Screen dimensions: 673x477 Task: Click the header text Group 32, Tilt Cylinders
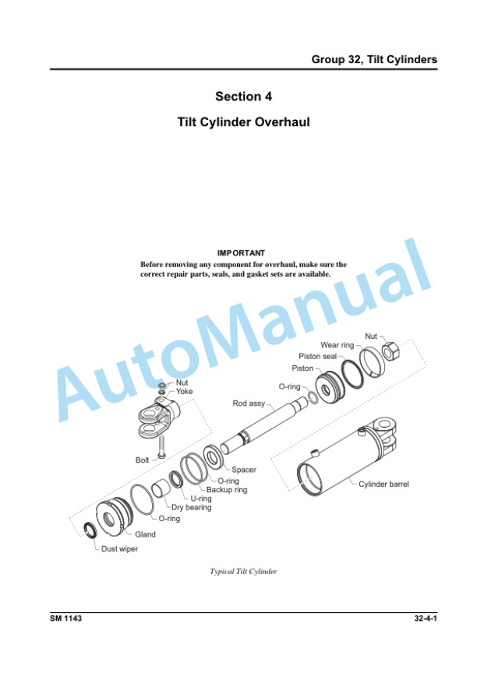coord(374,60)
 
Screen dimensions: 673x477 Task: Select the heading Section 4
coord(238,97)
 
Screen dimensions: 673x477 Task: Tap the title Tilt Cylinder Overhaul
coord(238,123)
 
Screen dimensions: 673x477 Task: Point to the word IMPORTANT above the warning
coord(242,252)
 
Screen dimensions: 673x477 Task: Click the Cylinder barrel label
coord(383,484)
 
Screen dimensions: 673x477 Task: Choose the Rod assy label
coord(249,403)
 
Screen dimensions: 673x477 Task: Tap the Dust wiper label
coord(119,548)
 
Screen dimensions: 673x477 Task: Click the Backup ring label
coord(227,490)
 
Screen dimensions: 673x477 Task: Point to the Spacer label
coord(243,470)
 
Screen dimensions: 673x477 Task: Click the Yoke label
coord(184,392)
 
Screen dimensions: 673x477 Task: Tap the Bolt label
coord(142,460)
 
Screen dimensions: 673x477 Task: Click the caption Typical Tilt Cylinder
coord(243,572)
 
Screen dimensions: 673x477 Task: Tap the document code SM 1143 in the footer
coord(66,618)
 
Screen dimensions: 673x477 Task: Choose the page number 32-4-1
coord(425,618)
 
